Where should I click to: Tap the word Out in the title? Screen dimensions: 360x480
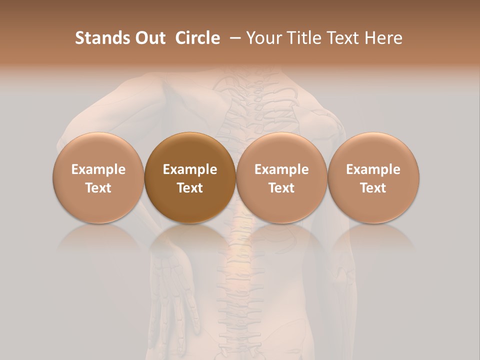click(x=149, y=38)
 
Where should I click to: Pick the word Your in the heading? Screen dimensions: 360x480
click(x=262, y=38)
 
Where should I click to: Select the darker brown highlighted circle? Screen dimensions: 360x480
click(x=190, y=178)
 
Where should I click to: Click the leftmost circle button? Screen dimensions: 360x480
click(x=98, y=178)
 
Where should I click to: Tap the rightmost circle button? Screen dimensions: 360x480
click(x=373, y=178)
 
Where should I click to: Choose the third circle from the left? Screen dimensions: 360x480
click(x=281, y=178)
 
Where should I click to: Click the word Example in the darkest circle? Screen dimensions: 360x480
click(x=190, y=169)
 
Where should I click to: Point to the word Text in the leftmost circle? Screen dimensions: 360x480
click(x=98, y=188)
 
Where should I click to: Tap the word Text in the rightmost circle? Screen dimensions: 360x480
click(x=373, y=188)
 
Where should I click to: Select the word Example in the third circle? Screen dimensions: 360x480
click(x=281, y=169)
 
